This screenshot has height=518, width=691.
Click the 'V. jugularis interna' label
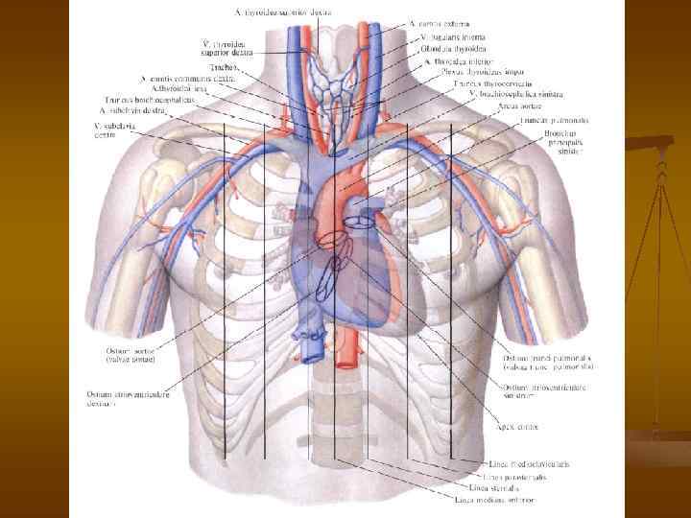coord(451,35)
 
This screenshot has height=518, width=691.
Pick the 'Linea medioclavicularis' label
coord(527,463)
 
